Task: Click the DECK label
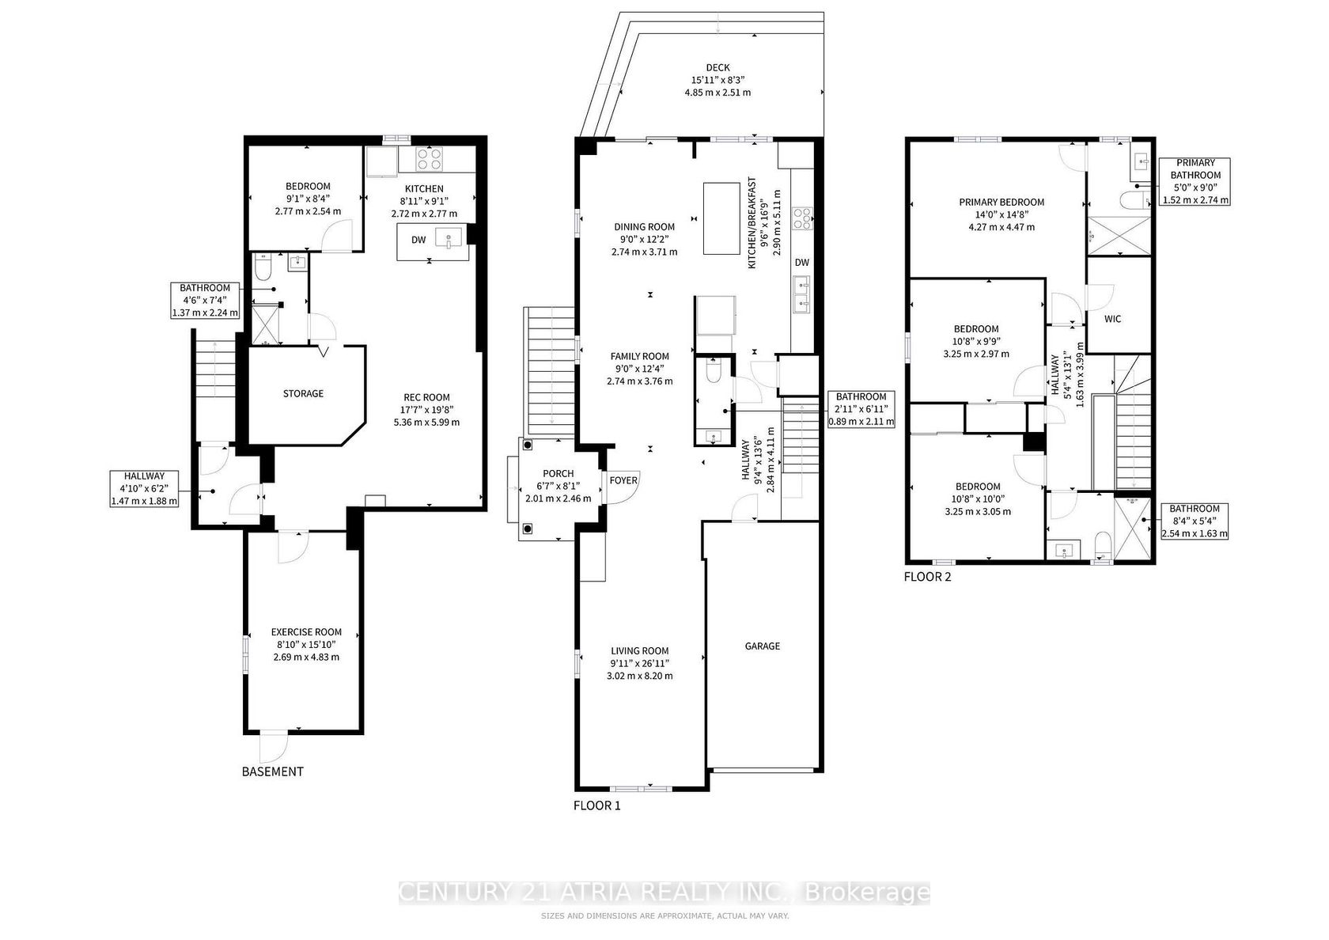[x=718, y=68]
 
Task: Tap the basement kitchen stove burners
[x=430, y=159]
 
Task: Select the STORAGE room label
[x=303, y=393]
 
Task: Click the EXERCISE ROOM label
[x=306, y=632]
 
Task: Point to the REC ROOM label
[x=426, y=397]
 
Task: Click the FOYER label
[x=623, y=481]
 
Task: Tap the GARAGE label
[x=763, y=646]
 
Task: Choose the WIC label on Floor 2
[x=1112, y=319]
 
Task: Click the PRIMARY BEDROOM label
[x=1001, y=202]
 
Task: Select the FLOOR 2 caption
[x=927, y=577]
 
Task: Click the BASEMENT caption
[x=272, y=771]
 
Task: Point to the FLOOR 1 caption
[x=596, y=805]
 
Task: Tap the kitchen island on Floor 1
[x=721, y=218]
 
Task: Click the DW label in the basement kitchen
[x=418, y=240]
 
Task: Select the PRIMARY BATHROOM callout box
[x=1195, y=182]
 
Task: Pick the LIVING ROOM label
[x=639, y=650]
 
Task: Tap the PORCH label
[x=558, y=473]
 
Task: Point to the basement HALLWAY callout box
[x=144, y=488]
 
